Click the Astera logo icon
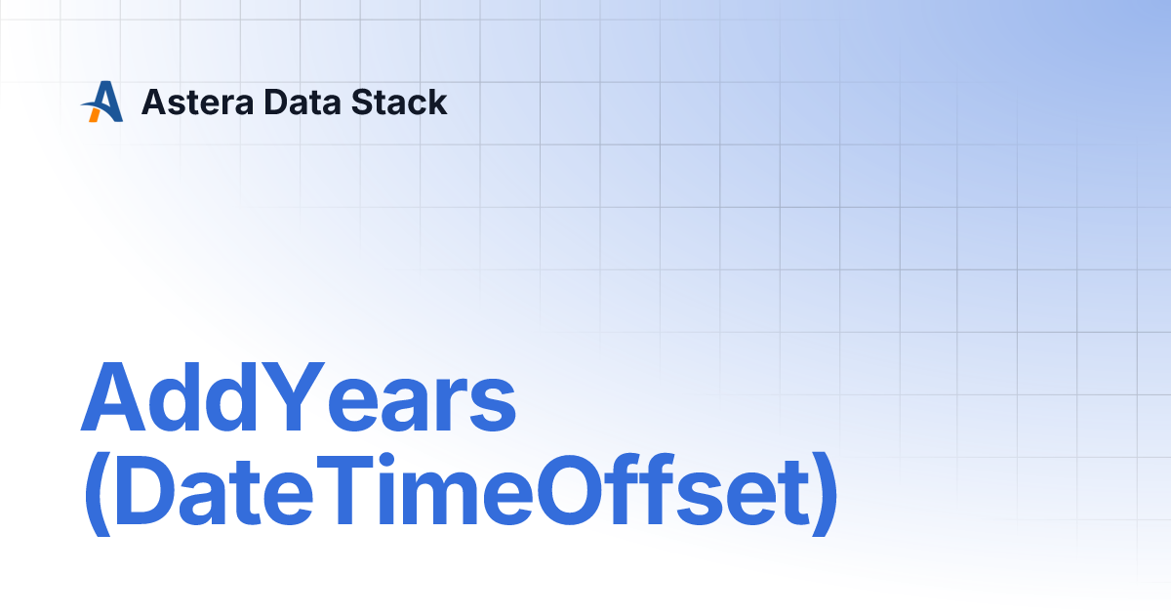point(102,102)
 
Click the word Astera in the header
point(197,102)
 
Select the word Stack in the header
point(399,102)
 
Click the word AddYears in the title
point(299,397)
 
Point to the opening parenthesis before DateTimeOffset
point(98,494)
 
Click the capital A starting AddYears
point(113,396)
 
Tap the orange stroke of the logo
point(95,114)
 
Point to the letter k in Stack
point(435,102)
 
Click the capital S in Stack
point(364,102)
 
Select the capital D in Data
point(277,102)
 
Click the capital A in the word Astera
point(155,102)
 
